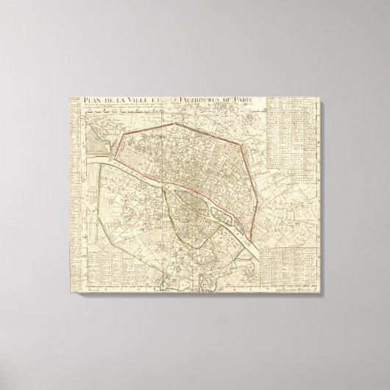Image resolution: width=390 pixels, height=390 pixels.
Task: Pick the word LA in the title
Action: point(130,102)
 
